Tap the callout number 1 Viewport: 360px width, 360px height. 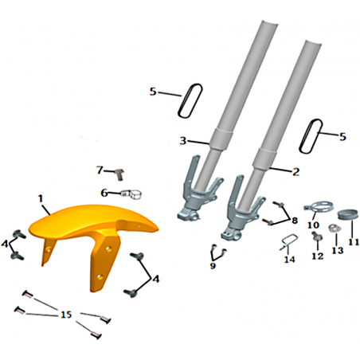(x=41, y=198)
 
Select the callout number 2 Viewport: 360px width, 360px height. (x=296, y=172)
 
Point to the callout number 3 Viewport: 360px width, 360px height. (x=183, y=140)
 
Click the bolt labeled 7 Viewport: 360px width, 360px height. (x=119, y=174)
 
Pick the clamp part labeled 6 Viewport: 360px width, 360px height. (x=131, y=194)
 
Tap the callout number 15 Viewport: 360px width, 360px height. (x=66, y=315)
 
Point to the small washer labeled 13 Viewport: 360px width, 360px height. (x=334, y=228)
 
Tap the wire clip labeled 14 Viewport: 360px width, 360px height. (x=289, y=242)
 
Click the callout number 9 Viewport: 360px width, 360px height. (x=213, y=265)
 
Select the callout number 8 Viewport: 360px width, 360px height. (x=295, y=221)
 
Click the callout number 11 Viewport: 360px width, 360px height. (x=354, y=242)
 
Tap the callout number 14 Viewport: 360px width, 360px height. (x=289, y=260)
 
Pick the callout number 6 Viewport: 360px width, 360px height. (x=104, y=193)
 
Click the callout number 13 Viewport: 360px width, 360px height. (x=338, y=250)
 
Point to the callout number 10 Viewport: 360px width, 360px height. (x=313, y=225)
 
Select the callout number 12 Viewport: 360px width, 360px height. (x=318, y=256)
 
